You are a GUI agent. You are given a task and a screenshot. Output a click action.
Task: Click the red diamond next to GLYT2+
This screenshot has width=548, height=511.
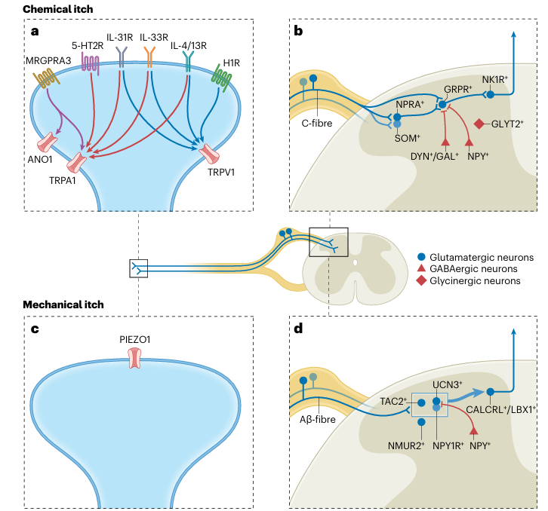click(477, 124)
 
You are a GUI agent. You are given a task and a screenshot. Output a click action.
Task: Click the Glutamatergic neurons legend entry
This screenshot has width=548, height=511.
click(484, 257)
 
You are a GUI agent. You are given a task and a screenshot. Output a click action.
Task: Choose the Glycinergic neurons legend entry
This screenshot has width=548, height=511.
click(479, 281)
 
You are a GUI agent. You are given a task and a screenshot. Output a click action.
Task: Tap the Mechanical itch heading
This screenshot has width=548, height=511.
click(63, 304)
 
